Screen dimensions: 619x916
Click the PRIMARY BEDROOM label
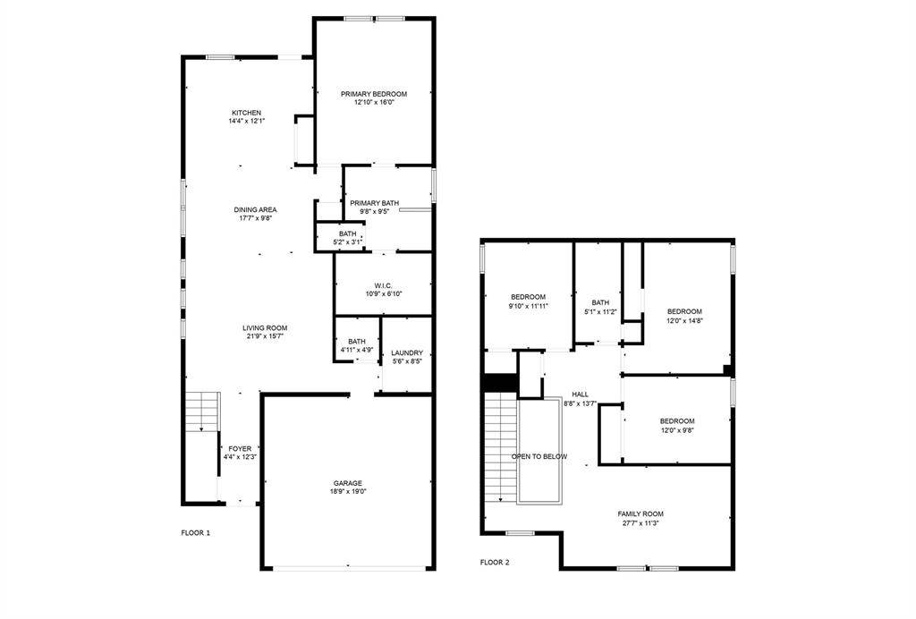tap(374, 94)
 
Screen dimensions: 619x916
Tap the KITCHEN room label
tap(247, 113)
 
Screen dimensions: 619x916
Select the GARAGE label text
tap(349, 483)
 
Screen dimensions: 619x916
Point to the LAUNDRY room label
tap(407, 352)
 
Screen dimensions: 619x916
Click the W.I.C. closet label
tap(384, 285)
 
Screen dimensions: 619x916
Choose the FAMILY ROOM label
tap(640, 513)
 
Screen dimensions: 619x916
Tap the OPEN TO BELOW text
tap(539, 456)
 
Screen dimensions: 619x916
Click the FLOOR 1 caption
tap(195, 533)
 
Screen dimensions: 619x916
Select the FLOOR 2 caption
tap(494, 563)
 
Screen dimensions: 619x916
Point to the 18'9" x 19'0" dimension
tap(349, 491)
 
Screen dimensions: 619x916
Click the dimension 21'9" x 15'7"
tap(265, 336)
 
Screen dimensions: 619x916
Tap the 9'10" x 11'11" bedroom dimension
tap(528, 306)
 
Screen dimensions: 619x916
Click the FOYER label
tap(240, 449)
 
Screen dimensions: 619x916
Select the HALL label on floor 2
tap(581, 394)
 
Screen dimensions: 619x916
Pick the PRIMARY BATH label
tap(374, 203)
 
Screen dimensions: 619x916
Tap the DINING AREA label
tap(256, 209)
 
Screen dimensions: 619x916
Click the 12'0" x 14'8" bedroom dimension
tap(684, 320)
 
